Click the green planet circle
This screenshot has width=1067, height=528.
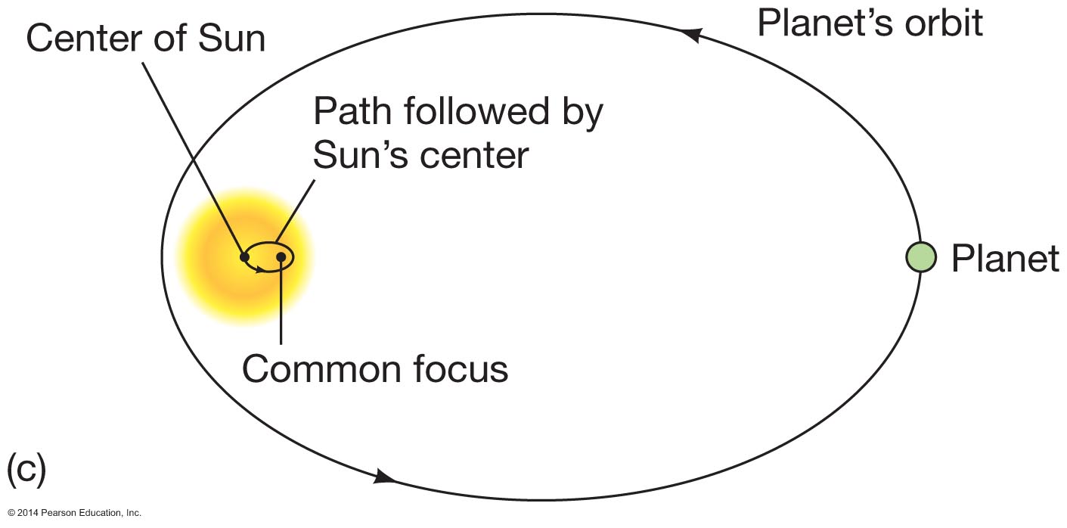coord(921,257)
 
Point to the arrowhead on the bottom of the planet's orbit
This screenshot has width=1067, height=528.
coord(384,477)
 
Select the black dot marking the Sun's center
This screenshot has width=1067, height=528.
coord(245,257)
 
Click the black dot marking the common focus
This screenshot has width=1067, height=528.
coord(281,257)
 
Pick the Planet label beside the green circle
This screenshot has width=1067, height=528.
coord(1005,259)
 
